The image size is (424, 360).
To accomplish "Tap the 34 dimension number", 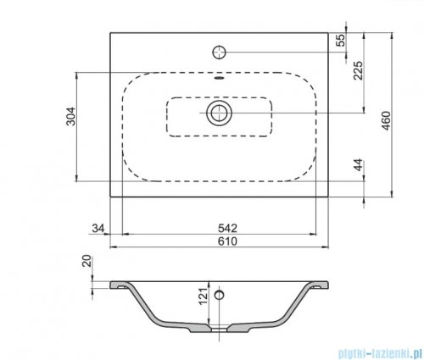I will click(98, 227).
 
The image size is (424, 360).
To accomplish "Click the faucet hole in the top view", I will click(220, 52).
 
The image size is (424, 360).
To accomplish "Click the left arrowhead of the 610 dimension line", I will click(114, 248).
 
